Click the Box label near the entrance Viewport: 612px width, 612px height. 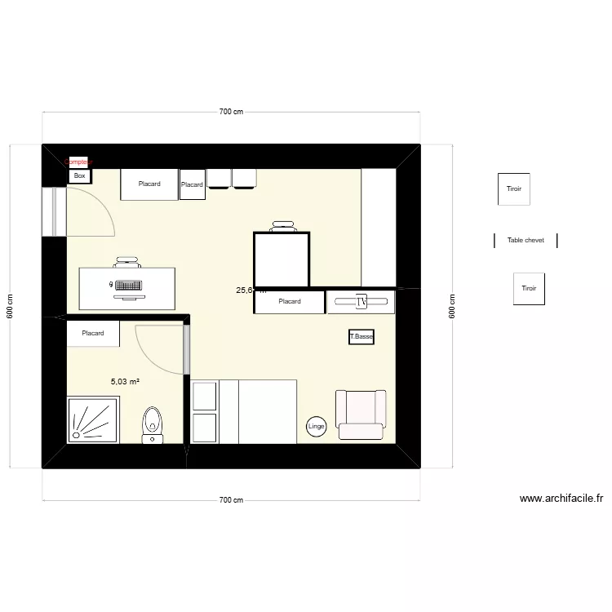tap(80, 175)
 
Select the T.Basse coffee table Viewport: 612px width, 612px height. tap(361, 336)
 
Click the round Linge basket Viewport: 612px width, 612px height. tap(317, 426)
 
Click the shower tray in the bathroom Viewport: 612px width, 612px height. tap(92, 419)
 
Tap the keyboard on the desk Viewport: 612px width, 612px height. tap(127, 286)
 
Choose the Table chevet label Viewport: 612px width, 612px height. tap(526, 241)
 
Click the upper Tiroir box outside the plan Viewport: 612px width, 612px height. tap(514, 188)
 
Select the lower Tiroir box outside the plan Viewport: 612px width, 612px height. tap(529, 289)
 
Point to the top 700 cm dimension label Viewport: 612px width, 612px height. tap(232, 112)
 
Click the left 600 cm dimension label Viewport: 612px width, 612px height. tap(11, 306)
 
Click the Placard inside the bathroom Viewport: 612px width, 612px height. tap(93, 333)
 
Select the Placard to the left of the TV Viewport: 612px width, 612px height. tap(290, 302)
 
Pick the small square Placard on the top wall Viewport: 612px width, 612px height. tap(192, 184)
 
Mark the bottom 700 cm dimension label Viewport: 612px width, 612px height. tap(232, 500)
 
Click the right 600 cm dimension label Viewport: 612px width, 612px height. tap(451, 306)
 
